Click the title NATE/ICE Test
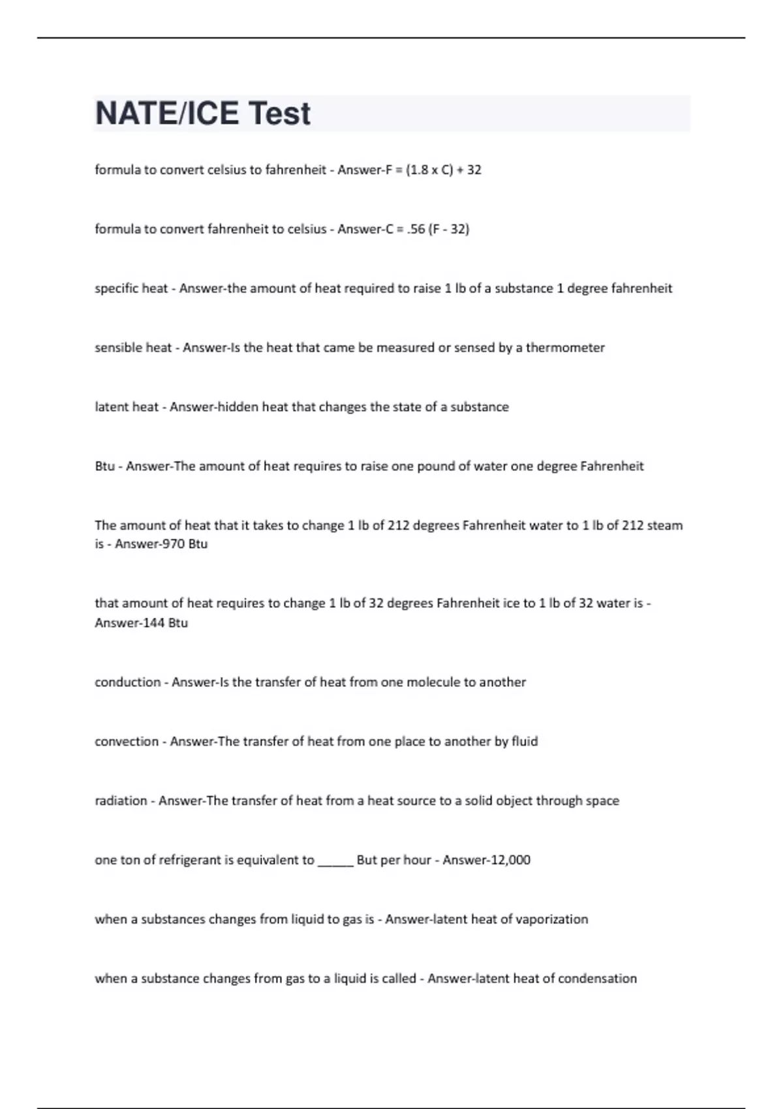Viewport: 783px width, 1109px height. tap(203, 114)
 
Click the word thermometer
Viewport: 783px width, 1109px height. tap(565, 348)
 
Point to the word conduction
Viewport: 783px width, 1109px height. tap(127, 682)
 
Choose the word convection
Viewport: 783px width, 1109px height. tap(127, 742)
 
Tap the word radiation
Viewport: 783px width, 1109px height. tap(121, 801)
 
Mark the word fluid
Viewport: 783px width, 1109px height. tap(525, 742)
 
